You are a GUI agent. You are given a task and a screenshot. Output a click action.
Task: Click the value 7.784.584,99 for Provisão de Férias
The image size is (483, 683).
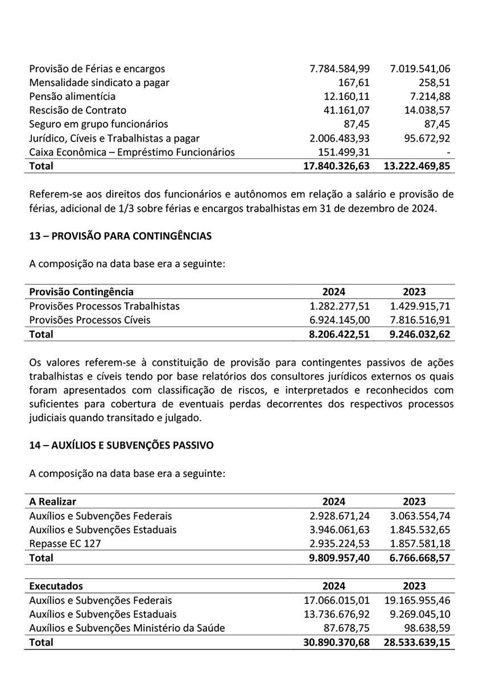pyautogui.click(x=340, y=69)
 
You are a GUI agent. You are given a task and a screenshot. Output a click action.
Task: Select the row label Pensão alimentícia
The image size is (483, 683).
pyautogui.click(x=72, y=96)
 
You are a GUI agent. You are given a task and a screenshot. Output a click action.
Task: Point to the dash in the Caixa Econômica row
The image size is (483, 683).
pyautogui.click(x=449, y=152)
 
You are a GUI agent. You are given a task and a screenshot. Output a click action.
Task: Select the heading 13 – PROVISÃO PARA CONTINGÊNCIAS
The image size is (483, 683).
pyautogui.click(x=120, y=236)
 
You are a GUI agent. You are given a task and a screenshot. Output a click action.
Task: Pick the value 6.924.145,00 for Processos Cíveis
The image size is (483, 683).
pyautogui.click(x=340, y=320)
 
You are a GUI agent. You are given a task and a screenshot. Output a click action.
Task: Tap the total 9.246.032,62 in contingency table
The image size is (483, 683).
pyautogui.click(x=420, y=334)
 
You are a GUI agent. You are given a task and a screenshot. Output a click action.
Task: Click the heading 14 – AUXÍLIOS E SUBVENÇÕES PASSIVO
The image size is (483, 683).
pyautogui.click(x=121, y=446)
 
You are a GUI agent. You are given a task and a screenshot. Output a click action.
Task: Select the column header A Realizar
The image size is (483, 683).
pyautogui.click(x=52, y=501)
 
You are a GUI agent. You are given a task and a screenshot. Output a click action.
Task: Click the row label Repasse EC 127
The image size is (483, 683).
pyautogui.click(x=65, y=544)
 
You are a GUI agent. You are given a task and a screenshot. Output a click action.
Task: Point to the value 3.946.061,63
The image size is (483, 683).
pyautogui.click(x=340, y=529)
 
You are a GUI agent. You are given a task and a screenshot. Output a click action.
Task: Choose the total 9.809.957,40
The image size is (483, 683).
pyautogui.click(x=339, y=558)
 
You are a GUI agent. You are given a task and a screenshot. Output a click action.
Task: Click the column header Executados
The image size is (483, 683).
pyautogui.click(x=56, y=586)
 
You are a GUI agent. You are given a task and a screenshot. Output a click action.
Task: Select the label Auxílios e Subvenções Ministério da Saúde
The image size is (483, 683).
pyautogui.click(x=127, y=628)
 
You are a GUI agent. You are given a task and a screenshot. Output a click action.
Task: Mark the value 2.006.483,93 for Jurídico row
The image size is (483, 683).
pyautogui.click(x=340, y=138)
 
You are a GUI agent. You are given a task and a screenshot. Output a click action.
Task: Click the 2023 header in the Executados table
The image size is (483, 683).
pyautogui.click(x=414, y=586)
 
